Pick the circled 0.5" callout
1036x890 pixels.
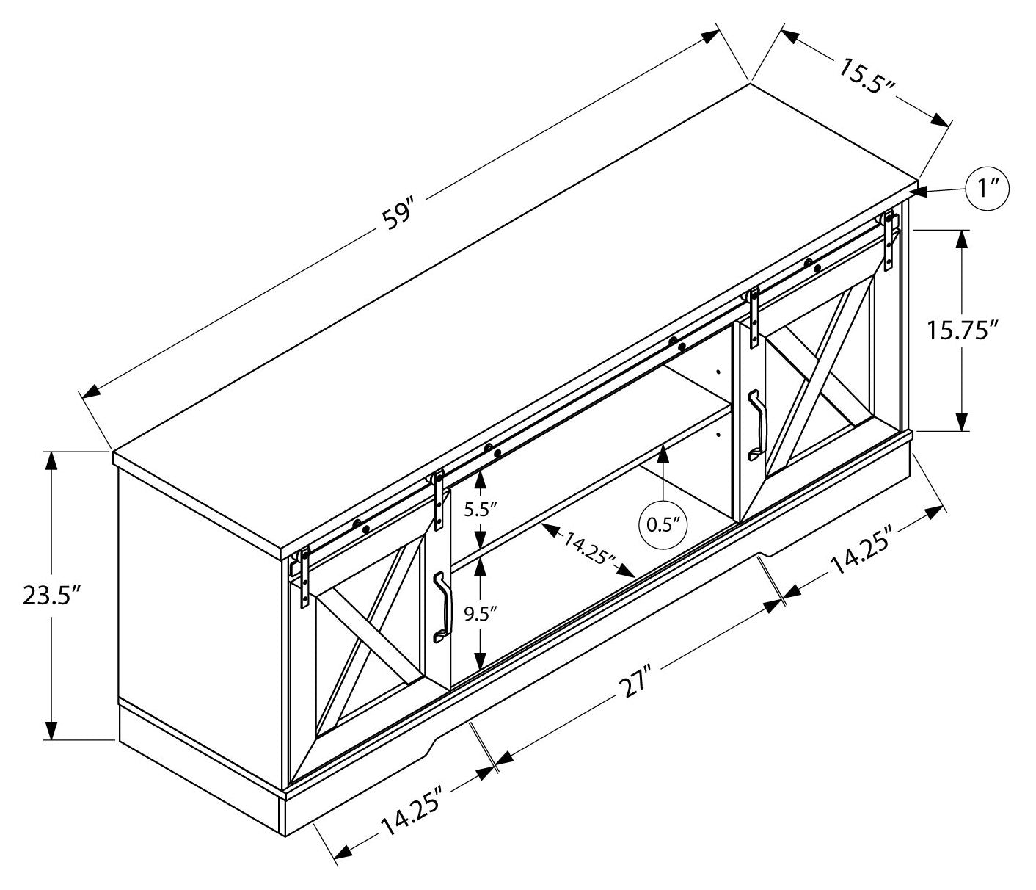[663, 524]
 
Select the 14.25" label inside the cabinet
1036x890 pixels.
[589, 546]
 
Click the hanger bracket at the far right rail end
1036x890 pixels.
[891, 235]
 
